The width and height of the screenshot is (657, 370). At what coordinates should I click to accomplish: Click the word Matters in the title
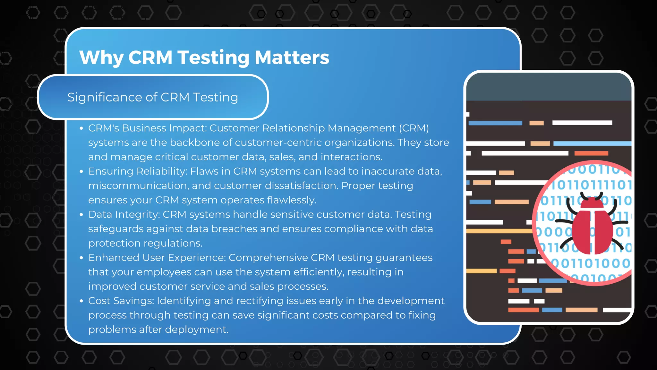[x=292, y=57]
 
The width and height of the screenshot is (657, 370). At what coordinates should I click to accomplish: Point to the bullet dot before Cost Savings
[x=81, y=301]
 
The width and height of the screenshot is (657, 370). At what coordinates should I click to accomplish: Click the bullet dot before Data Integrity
[x=81, y=215]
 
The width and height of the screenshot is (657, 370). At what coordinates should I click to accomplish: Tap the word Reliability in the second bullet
[x=161, y=172]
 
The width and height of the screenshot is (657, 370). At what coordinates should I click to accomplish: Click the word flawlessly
[x=292, y=200]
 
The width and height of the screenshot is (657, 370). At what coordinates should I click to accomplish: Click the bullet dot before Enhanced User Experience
[x=81, y=258]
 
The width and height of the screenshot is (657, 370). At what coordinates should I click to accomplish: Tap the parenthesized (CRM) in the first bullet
[x=414, y=128]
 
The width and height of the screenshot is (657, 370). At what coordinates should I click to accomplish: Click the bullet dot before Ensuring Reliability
[x=81, y=172]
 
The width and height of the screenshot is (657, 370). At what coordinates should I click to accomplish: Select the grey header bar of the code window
[x=549, y=87]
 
